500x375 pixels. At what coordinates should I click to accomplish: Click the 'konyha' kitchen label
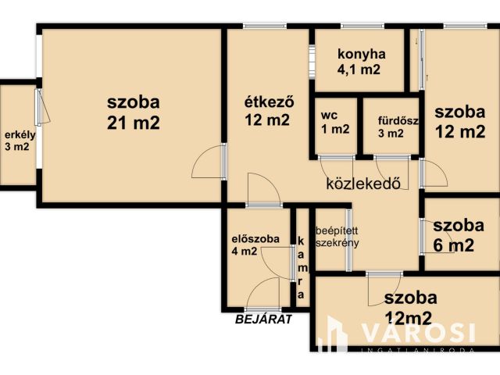pos(361,55)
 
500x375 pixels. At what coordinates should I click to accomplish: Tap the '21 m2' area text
pos(134,123)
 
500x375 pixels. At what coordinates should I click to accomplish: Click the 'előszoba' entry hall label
pos(251,238)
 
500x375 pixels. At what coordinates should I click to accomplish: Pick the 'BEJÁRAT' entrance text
pos(264,319)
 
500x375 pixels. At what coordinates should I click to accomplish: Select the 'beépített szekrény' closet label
pos(337,237)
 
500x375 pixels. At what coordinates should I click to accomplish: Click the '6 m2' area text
pos(453,245)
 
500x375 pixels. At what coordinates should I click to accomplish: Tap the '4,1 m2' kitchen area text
pos(359,70)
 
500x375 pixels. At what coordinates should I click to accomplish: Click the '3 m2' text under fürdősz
pos(391,133)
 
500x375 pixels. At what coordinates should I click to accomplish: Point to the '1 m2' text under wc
pos(335,130)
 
